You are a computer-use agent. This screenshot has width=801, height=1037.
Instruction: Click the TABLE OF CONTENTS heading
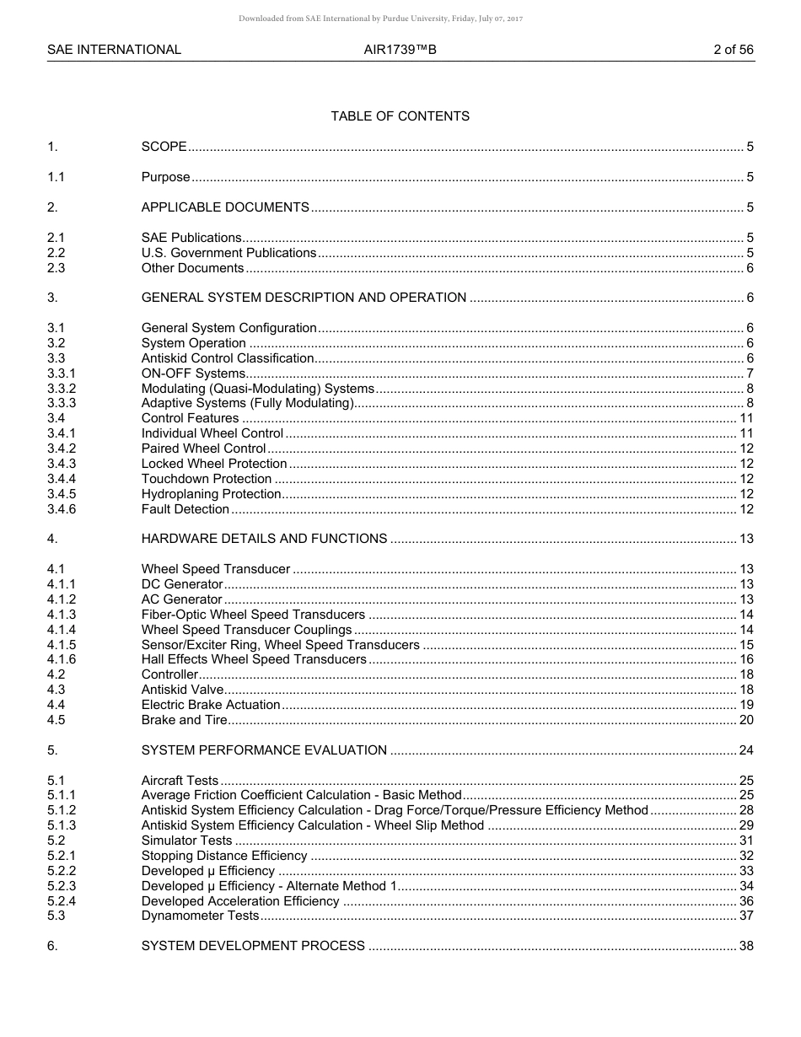pos(400,116)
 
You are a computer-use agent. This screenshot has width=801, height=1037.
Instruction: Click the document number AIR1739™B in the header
pos(400,50)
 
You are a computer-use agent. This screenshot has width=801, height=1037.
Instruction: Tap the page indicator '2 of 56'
pos(733,50)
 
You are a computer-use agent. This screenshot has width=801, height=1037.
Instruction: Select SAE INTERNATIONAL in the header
pos(114,50)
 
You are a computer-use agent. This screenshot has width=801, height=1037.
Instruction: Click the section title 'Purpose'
pos(165,177)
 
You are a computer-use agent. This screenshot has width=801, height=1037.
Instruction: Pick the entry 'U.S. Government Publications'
pos(228,253)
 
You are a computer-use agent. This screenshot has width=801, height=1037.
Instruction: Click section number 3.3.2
pos(62,389)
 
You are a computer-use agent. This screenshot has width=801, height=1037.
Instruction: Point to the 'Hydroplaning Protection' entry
pos(211,494)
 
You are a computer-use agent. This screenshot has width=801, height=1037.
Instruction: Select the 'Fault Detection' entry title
pos(185,509)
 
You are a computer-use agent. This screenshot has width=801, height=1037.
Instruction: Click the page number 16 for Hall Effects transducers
pos(746,659)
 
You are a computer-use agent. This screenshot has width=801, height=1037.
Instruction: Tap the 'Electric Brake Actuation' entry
pos(211,705)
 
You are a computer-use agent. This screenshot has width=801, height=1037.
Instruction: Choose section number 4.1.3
pos(62,615)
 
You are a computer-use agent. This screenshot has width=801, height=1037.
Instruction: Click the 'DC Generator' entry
pos(182,584)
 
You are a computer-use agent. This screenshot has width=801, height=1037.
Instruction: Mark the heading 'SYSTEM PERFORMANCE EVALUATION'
pos(264,750)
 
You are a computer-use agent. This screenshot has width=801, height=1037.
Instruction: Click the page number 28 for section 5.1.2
pos(746,810)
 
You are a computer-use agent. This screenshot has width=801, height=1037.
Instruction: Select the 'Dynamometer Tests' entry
pos(200,916)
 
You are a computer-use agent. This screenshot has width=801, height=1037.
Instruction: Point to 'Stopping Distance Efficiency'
pos(224,856)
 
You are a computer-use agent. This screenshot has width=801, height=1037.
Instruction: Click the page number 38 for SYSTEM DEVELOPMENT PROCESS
pos(746,946)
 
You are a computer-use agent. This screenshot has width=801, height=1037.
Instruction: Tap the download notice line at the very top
pos(380,19)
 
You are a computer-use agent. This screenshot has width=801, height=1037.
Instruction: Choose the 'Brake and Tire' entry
pos(184,720)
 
